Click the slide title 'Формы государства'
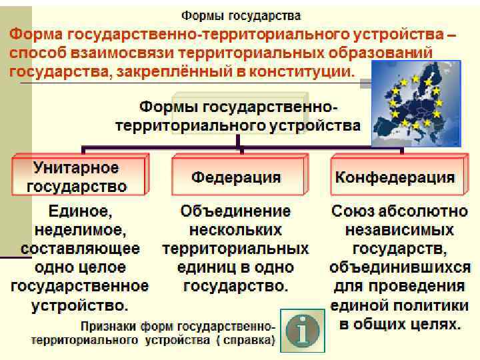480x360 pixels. coord(241,14)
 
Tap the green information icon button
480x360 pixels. coord(303,330)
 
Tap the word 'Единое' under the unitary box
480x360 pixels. coord(79,212)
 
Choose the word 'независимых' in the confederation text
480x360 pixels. coord(399,231)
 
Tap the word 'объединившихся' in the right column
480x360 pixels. coord(399,268)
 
